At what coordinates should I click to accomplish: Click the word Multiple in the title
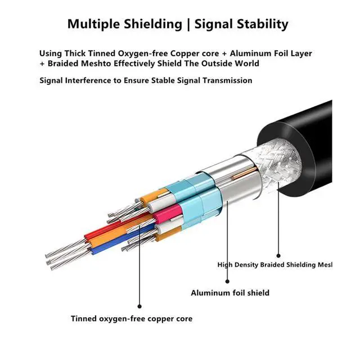point(93,24)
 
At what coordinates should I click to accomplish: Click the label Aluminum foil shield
point(229,292)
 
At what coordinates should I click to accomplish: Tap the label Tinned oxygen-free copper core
point(131,319)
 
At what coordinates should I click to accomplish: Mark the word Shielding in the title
point(152,24)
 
